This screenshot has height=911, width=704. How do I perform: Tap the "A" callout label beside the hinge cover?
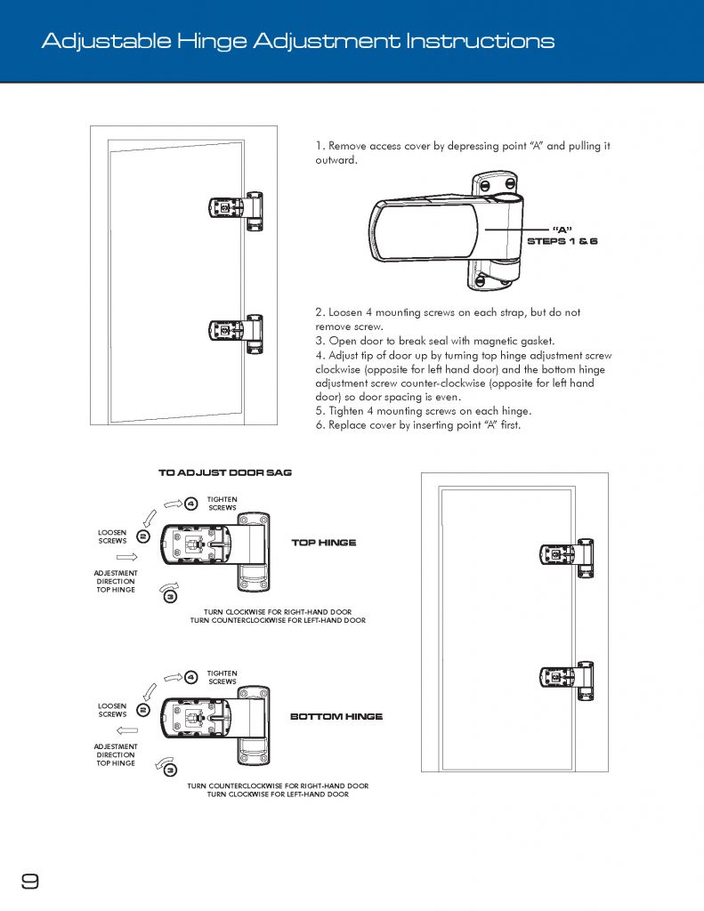(x=562, y=230)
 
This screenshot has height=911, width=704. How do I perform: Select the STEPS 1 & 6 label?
(x=562, y=241)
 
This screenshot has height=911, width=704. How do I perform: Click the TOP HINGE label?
(x=324, y=542)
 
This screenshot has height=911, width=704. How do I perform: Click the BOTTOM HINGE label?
(x=336, y=716)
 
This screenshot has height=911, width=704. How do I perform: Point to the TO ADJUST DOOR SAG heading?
(x=224, y=472)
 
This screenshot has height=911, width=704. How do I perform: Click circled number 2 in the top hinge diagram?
(x=142, y=536)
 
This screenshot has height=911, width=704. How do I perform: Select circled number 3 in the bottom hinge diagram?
(x=170, y=770)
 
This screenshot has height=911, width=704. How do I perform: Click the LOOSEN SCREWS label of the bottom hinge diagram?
(x=113, y=710)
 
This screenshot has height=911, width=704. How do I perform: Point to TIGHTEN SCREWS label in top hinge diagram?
(x=222, y=504)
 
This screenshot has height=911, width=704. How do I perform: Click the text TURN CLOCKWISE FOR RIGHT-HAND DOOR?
(x=278, y=612)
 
